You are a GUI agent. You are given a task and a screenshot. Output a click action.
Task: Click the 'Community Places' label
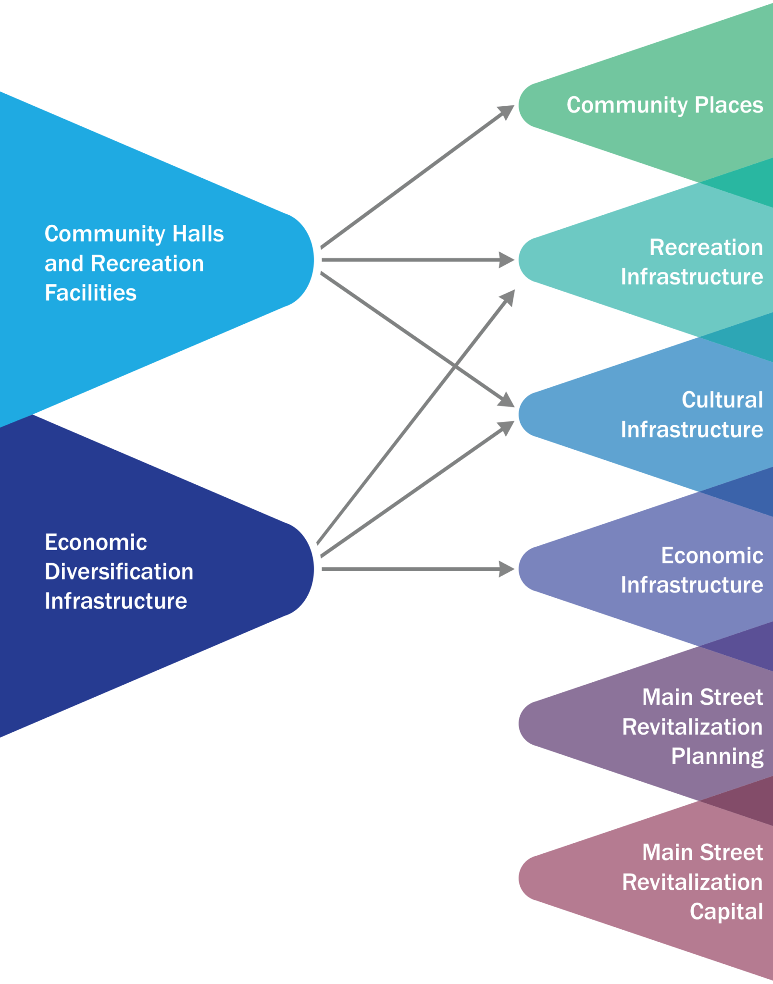(664, 105)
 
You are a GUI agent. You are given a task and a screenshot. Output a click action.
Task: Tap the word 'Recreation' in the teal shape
(706, 247)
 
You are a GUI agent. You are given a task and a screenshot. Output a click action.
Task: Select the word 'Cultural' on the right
(722, 400)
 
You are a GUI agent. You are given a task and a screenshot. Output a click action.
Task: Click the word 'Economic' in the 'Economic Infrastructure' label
(711, 555)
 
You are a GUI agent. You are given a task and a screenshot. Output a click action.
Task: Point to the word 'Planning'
(717, 756)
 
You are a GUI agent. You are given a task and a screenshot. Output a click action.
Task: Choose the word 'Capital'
(726, 911)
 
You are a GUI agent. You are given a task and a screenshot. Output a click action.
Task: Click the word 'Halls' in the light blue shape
(198, 234)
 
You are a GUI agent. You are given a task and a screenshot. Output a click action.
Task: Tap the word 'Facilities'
(90, 293)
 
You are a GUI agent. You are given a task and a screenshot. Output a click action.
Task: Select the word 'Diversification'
(119, 572)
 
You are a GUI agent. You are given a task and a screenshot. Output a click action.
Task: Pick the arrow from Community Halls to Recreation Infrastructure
(413, 260)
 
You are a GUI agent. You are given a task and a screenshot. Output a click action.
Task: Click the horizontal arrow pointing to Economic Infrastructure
(413, 569)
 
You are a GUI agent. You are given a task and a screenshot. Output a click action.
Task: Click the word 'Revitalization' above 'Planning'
(692, 727)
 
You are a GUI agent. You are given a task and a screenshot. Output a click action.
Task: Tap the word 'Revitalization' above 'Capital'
(692, 882)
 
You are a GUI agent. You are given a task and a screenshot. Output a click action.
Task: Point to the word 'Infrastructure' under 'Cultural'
(691, 430)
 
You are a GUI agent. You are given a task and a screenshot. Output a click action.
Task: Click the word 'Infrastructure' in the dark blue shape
(115, 601)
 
